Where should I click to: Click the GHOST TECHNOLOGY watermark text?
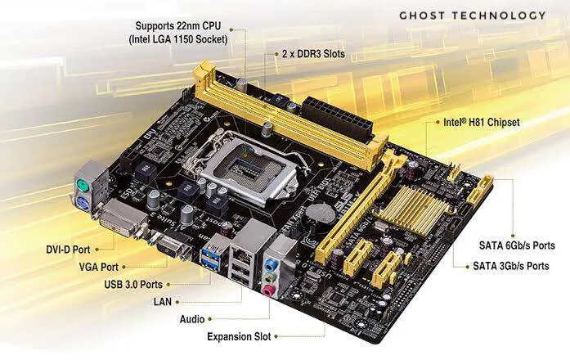point(472,16)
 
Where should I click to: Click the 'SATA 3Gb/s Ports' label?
point(511,266)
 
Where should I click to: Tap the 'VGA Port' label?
point(97,266)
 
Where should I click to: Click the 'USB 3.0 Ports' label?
point(133,284)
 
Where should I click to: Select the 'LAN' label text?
point(163,301)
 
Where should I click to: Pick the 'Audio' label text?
point(191,318)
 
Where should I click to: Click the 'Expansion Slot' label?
point(239,336)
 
